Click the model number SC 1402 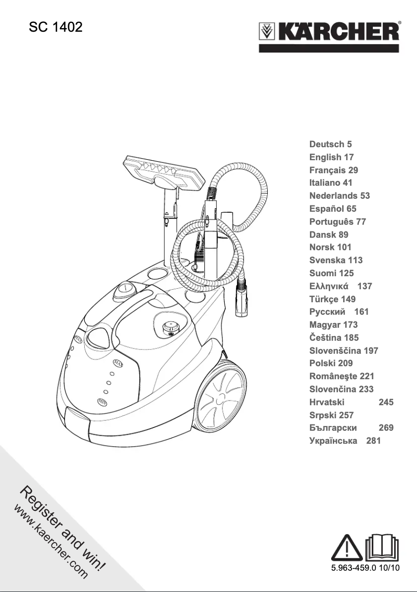56,28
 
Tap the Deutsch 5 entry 331,144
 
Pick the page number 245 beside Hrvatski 386,402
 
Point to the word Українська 333,441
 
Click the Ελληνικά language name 330,286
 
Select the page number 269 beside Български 386,428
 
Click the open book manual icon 382,546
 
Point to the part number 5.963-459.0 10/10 365,568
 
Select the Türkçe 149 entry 332,299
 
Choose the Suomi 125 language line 331,273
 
